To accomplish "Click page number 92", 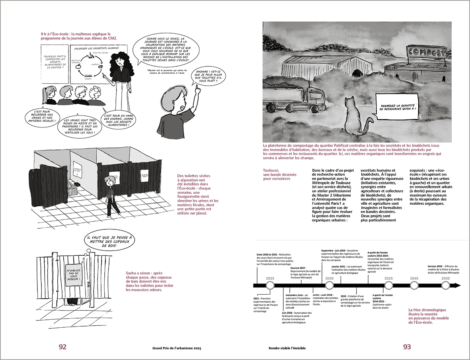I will (62, 347).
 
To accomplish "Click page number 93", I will (407, 347).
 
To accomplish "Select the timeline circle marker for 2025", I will (270, 286).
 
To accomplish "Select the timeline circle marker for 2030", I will (329, 286).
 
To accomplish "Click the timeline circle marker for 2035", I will (388, 286).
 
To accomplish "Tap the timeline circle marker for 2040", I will (414, 286).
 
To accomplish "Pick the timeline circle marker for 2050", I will (446, 286).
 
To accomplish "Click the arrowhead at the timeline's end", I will (458, 286).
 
